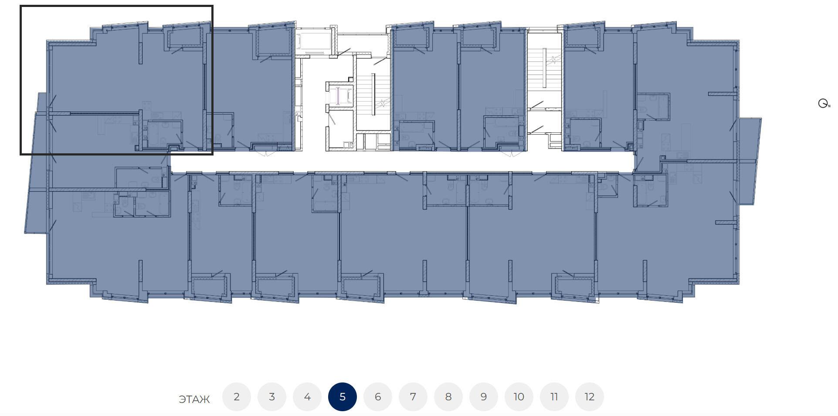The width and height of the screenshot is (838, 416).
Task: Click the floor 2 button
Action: (237, 397)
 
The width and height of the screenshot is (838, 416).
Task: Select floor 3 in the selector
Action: (272, 397)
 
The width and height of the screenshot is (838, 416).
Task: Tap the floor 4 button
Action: (307, 397)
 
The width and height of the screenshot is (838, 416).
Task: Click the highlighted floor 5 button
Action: (343, 397)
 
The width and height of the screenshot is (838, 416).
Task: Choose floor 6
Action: (378, 397)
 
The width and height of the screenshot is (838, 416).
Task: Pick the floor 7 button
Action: (413, 397)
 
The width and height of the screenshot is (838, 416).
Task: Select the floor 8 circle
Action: (448, 397)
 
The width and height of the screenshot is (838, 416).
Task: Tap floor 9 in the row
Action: (484, 397)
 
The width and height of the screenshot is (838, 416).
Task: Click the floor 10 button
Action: (519, 397)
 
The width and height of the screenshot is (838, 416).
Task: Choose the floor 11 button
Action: (554, 397)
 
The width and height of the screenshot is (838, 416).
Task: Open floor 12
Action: (590, 397)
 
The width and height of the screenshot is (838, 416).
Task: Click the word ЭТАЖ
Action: (194, 399)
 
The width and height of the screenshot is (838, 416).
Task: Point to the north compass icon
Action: (824, 104)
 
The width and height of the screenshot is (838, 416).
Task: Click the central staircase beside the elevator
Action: (373, 93)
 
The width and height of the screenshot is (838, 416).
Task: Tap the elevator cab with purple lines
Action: (339, 96)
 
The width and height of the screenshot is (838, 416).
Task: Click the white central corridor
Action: (401, 161)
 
